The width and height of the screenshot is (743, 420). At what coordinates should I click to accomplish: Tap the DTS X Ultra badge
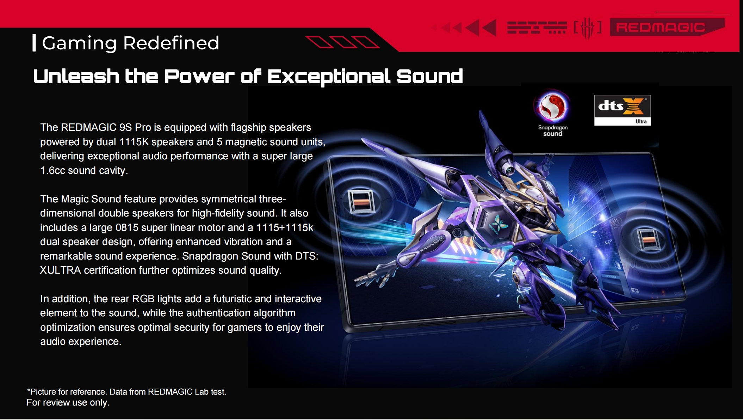click(x=623, y=110)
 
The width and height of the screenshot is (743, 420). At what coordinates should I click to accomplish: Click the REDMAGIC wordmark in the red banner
click(x=661, y=27)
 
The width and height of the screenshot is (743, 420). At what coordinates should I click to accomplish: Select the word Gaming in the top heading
click(x=79, y=43)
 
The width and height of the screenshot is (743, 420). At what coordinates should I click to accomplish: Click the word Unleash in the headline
click(x=76, y=76)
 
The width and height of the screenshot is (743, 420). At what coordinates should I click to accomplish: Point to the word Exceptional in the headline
click(x=329, y=77)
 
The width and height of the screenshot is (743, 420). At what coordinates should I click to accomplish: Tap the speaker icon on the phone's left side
click(x=361, y=202)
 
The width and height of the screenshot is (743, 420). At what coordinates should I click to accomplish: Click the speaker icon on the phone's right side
click(x=648, y=239)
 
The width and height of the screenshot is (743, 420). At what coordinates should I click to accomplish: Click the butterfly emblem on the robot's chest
click(x=500, y=223)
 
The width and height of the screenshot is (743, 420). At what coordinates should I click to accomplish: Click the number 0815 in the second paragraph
click(x=127, y=227)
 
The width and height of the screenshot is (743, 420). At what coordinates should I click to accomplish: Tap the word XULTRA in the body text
click(x=60, y=270)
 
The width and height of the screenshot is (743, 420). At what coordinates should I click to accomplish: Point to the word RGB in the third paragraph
click(x=143, y=299)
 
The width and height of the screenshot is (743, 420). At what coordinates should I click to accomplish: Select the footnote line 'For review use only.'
click(x=68, y=402)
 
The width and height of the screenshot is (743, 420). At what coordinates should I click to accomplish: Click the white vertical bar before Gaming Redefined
click(x=34, y=43)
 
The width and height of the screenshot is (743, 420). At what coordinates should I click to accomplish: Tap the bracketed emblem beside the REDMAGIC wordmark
click(x=587, y=28)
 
